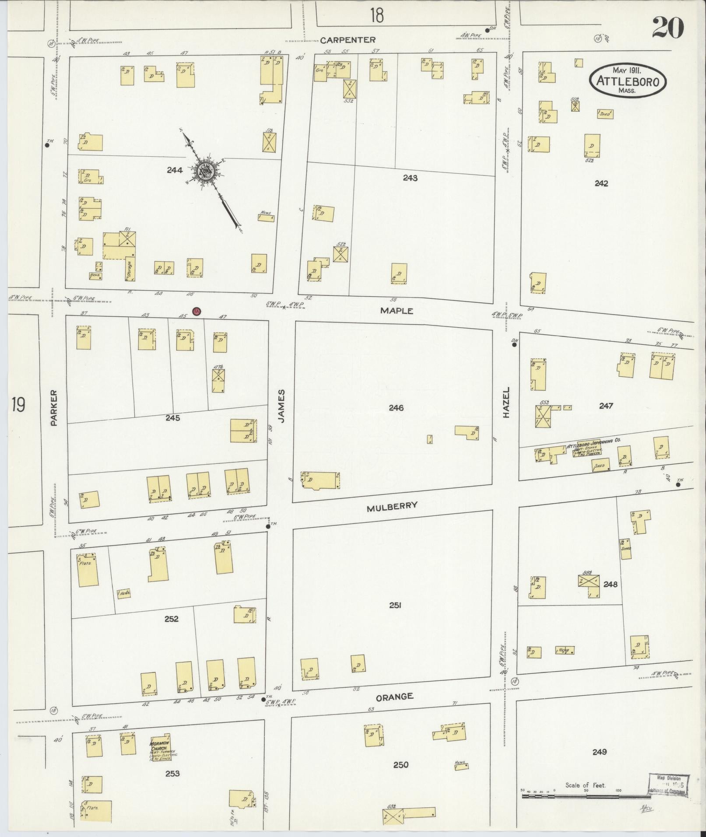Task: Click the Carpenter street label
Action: pyautogui.click(x=348, y=40)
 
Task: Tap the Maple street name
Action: pyautogui.click(x=396, y=310)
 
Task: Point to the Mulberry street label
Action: pyautogui.click(x=392, y=507)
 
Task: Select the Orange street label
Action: pyautogui.click(x=395, y=697)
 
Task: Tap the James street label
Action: pyautogui.click(x=281, y=406)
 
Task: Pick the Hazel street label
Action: pyautogui.click(x=506, y=402)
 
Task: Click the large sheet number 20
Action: pyautogui.click(x=667, y=28)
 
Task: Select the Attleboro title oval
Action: pyautogui.click(x=628, y=81)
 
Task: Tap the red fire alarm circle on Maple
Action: pyautogui.click(x=197, y=311)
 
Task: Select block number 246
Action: pyautogui.click(x=396, y=408)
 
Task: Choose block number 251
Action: pyautogui.click(x=395, y=605)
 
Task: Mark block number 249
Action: pyautogui.click(x=599, y=752)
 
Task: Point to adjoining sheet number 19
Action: pyautogui.click(x=18, y=405)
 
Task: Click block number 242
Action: pyautogui.click(x=601, y=183)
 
